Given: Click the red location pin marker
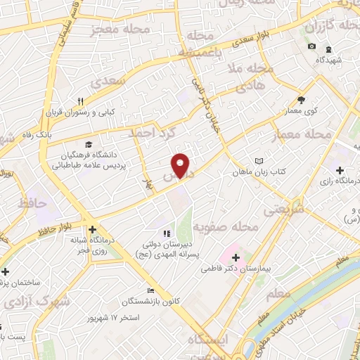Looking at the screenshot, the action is coord(181,164).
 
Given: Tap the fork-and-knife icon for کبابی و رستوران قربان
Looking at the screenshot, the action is coord(82,101).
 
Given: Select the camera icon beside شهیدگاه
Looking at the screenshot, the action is coord(311,46).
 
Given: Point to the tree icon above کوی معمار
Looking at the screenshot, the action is coord(302,100).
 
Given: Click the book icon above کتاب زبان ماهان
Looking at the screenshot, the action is coord(259,160).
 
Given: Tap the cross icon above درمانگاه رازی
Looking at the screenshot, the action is coord(340,170).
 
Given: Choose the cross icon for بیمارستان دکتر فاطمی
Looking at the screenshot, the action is coord(236,258).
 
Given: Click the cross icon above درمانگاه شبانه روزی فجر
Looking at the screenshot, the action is coord(93,229).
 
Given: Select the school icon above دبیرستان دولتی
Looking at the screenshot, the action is coord(166,234).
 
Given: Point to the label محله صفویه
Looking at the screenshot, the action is coord(236,227).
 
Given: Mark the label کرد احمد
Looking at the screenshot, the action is coord(151,131).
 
